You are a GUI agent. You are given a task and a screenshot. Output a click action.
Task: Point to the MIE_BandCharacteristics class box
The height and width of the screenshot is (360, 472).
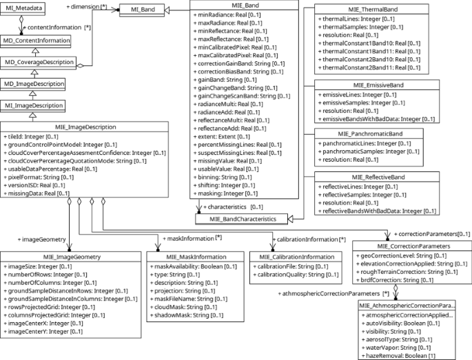239,219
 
